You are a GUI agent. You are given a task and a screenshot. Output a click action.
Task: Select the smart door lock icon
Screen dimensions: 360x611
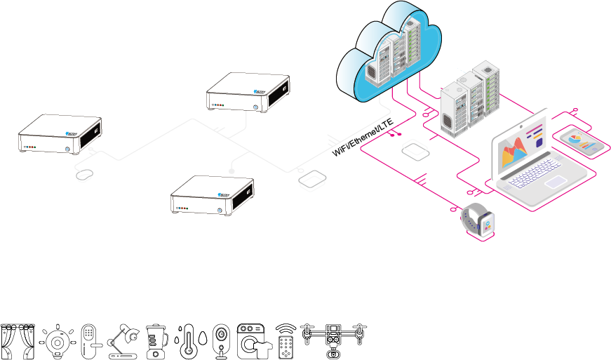tap(89, 340)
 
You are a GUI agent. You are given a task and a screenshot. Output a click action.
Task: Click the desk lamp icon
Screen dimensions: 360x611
tap(123, 340)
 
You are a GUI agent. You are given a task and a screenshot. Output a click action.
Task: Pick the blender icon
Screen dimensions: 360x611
tap(156, 340)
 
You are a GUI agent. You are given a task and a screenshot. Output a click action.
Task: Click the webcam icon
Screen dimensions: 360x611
tap(221, 340)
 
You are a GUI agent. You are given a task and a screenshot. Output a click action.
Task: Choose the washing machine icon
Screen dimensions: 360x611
tap(252, 340)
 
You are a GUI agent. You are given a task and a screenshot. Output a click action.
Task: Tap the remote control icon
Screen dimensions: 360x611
tap(286, 340)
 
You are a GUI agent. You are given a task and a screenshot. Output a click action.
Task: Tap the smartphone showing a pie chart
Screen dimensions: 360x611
tap(583, 142)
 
